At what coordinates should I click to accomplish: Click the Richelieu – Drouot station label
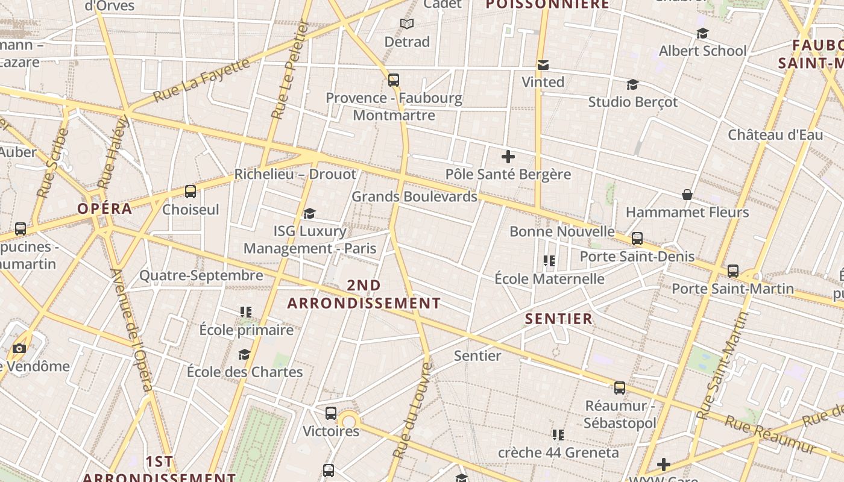[295, 174]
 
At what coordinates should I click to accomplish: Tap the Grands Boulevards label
[414, 196]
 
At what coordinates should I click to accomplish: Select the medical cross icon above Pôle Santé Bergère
[508, 157]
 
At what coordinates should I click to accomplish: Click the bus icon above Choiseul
[191, 192]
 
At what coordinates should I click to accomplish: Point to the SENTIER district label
[559, 319]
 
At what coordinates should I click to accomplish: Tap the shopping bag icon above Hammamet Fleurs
[687, 195]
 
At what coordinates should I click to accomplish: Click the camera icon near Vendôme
[19, 348]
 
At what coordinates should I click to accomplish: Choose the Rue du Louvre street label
[412, 410]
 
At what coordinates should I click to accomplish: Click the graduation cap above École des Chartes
[244, 354]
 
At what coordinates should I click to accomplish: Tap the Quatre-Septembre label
[201, 275]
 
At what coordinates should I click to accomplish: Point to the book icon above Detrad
[407, 24]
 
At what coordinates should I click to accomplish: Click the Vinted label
[543, 82]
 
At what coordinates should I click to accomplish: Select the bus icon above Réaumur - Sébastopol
[620, 387]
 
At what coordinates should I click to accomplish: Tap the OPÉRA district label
[105, 209]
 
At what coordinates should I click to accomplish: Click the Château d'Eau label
[775, 134]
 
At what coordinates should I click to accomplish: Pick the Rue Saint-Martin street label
[722, 366]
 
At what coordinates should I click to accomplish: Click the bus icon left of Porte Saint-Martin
[733, 271]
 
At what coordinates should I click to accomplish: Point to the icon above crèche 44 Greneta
[558, 434]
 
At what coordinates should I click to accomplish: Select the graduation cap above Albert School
[702, 33]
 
